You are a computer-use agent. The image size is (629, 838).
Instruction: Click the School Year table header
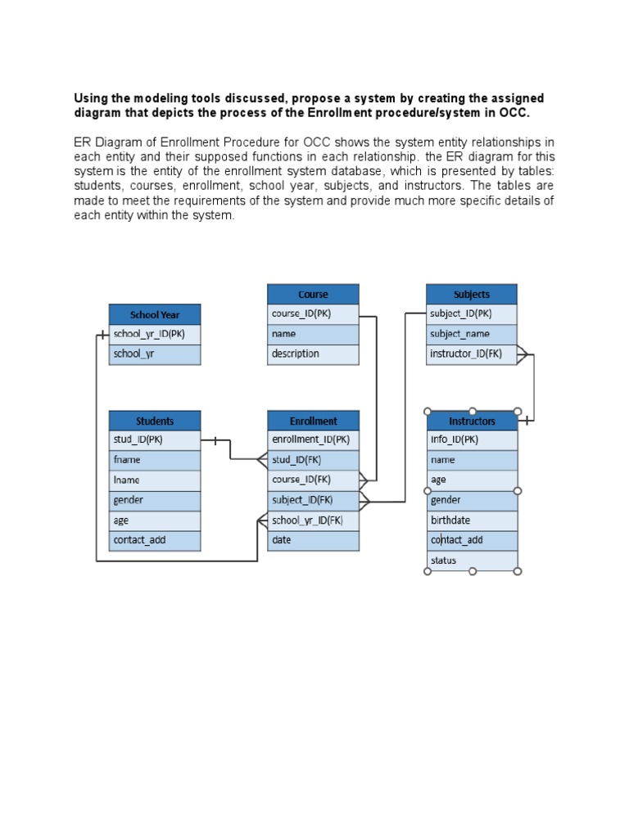(x=155, y=314)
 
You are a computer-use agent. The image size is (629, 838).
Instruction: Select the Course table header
(x=313, y=295)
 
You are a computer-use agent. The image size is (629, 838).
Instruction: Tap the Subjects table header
(x=472, y=295)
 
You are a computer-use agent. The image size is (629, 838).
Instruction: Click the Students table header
(x=155, y=421)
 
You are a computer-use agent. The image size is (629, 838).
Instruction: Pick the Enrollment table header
(x=313, y=421)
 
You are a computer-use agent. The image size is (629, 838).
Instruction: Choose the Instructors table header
(x=473, y=421)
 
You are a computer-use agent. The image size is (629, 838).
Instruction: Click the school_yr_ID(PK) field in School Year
(x=155, y=334)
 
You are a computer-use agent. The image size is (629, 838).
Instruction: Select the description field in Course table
(x=313, y=354)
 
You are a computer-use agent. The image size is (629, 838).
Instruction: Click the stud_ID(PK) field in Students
(x=155, y=440)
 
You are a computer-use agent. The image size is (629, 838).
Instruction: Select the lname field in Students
(x=155, y=480)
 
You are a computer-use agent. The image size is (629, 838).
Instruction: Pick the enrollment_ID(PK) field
(x=313, y=440)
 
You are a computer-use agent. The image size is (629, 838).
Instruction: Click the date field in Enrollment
(x=313, y=540)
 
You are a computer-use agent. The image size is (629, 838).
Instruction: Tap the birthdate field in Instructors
(x=473, y=520)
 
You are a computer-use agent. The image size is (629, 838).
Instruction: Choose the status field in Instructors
(x=473, y=561)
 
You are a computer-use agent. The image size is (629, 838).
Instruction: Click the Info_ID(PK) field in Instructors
(x=473, y=440)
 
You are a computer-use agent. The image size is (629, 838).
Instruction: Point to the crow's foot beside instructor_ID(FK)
(x=523, y=354)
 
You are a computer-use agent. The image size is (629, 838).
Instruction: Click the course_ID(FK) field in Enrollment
(x=313, y=480)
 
